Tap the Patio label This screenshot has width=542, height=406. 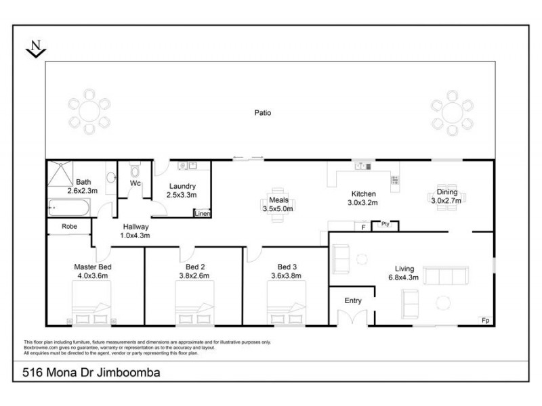click(262, 113)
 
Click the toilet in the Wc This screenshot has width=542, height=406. click(133, 171)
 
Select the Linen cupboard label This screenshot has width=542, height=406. click(202, 213)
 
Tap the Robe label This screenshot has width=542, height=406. click(68, 227)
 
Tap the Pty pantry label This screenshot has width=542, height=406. click(385, 224)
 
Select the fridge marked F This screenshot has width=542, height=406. click(364, 227)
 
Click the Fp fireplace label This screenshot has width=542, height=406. click(484, 319)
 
